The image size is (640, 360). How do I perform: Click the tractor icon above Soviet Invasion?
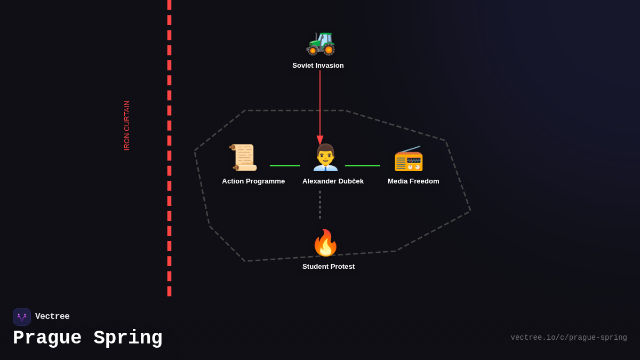click(321, 43)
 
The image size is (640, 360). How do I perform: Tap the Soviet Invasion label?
click(318, 66)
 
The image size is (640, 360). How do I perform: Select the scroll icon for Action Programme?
click(243, 157)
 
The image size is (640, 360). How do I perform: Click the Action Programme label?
click(253, 181)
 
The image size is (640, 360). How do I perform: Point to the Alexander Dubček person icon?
click(325, 157)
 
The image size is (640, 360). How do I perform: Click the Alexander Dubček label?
click(333, 181)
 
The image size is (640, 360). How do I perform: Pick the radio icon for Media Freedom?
click(409, 158)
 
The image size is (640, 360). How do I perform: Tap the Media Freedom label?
click(413, 181)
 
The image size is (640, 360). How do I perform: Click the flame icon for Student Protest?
click(325, 243)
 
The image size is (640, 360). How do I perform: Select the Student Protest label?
click(329, 267)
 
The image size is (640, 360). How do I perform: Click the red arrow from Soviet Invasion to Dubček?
click(320, 101)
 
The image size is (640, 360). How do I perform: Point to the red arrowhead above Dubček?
click(320, 140)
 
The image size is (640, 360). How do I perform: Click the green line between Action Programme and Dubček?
click(285, 166)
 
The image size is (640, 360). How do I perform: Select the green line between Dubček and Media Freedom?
click(363, 166)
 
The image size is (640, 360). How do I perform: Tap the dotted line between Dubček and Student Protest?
click(320, 205)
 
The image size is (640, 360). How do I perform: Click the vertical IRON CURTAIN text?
click(127, 125)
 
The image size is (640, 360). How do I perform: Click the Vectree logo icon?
click(22, 317)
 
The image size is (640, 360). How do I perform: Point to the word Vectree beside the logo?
click(52, 317)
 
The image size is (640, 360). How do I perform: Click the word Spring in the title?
click(128, 338)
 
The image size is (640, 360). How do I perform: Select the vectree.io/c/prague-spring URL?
click(569, 338)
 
